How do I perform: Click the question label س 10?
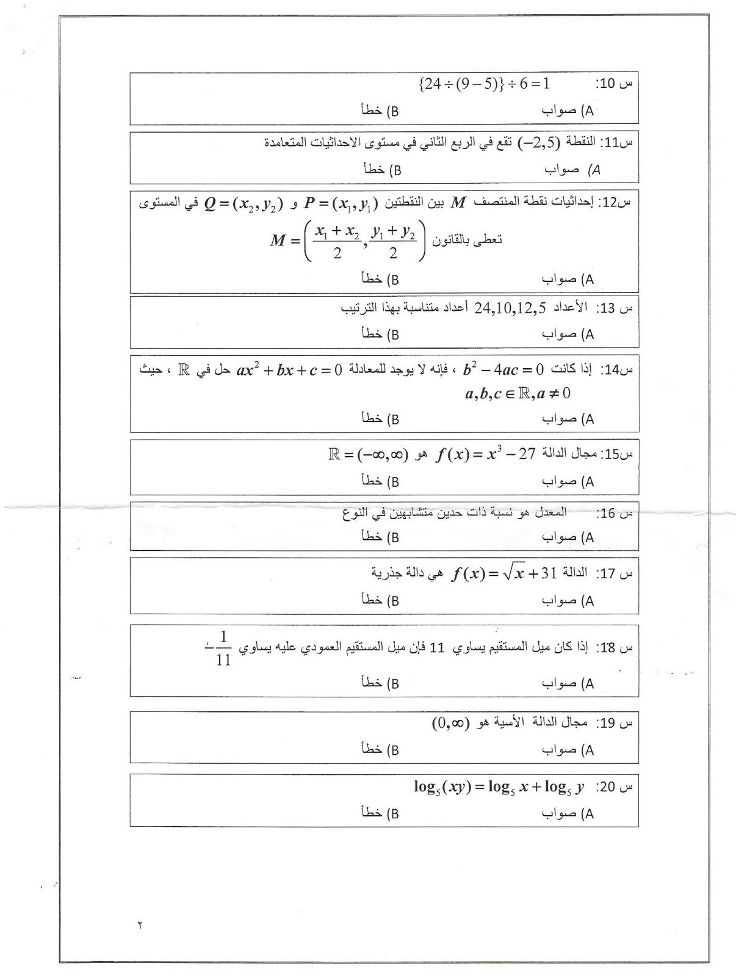tap(613, 84)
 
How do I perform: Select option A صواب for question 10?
tap(568, 111)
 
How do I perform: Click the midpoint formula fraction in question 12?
tap(365, 241)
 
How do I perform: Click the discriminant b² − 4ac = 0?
tap(503, 369)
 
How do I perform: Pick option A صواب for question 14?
tap(568, 419)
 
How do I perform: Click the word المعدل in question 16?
tap(552, 512)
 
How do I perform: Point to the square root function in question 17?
tap(504, 573)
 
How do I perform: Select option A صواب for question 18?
tap(568, 683)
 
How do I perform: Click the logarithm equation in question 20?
tap(499, 786)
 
